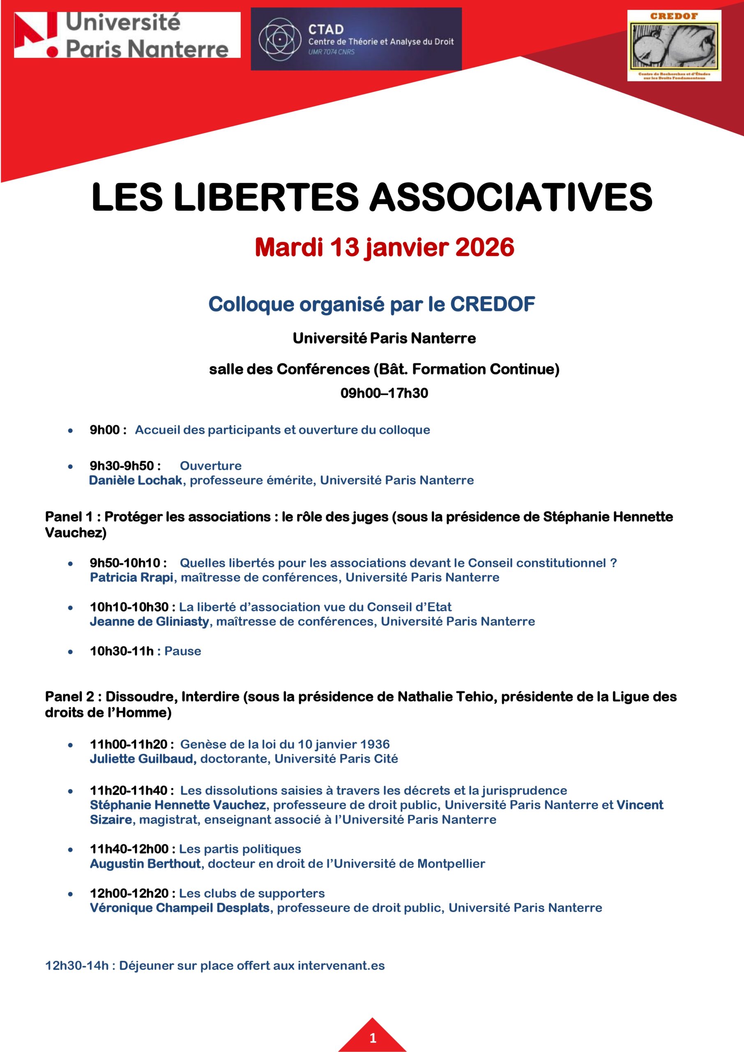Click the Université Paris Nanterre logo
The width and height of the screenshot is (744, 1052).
coord(127,35)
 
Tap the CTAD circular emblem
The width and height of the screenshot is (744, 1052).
coord(279,40)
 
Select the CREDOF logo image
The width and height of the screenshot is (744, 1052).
coord(673,45)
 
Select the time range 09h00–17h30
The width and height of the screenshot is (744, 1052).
coord(384,393)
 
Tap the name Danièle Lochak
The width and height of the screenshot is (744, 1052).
coord(136,480)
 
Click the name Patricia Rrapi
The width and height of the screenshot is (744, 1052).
coord(131,577)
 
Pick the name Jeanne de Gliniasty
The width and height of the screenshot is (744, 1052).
coord(150,621)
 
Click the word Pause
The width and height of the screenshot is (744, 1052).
coord(183,651)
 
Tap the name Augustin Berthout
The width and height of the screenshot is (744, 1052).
coord(145,864)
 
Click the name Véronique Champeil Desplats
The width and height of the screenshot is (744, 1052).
coord(180,908)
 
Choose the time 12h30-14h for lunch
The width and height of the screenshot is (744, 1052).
coord(77,966)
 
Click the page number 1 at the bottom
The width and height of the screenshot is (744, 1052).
coord(373,1038)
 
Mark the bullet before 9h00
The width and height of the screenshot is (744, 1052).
coord(70,430)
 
